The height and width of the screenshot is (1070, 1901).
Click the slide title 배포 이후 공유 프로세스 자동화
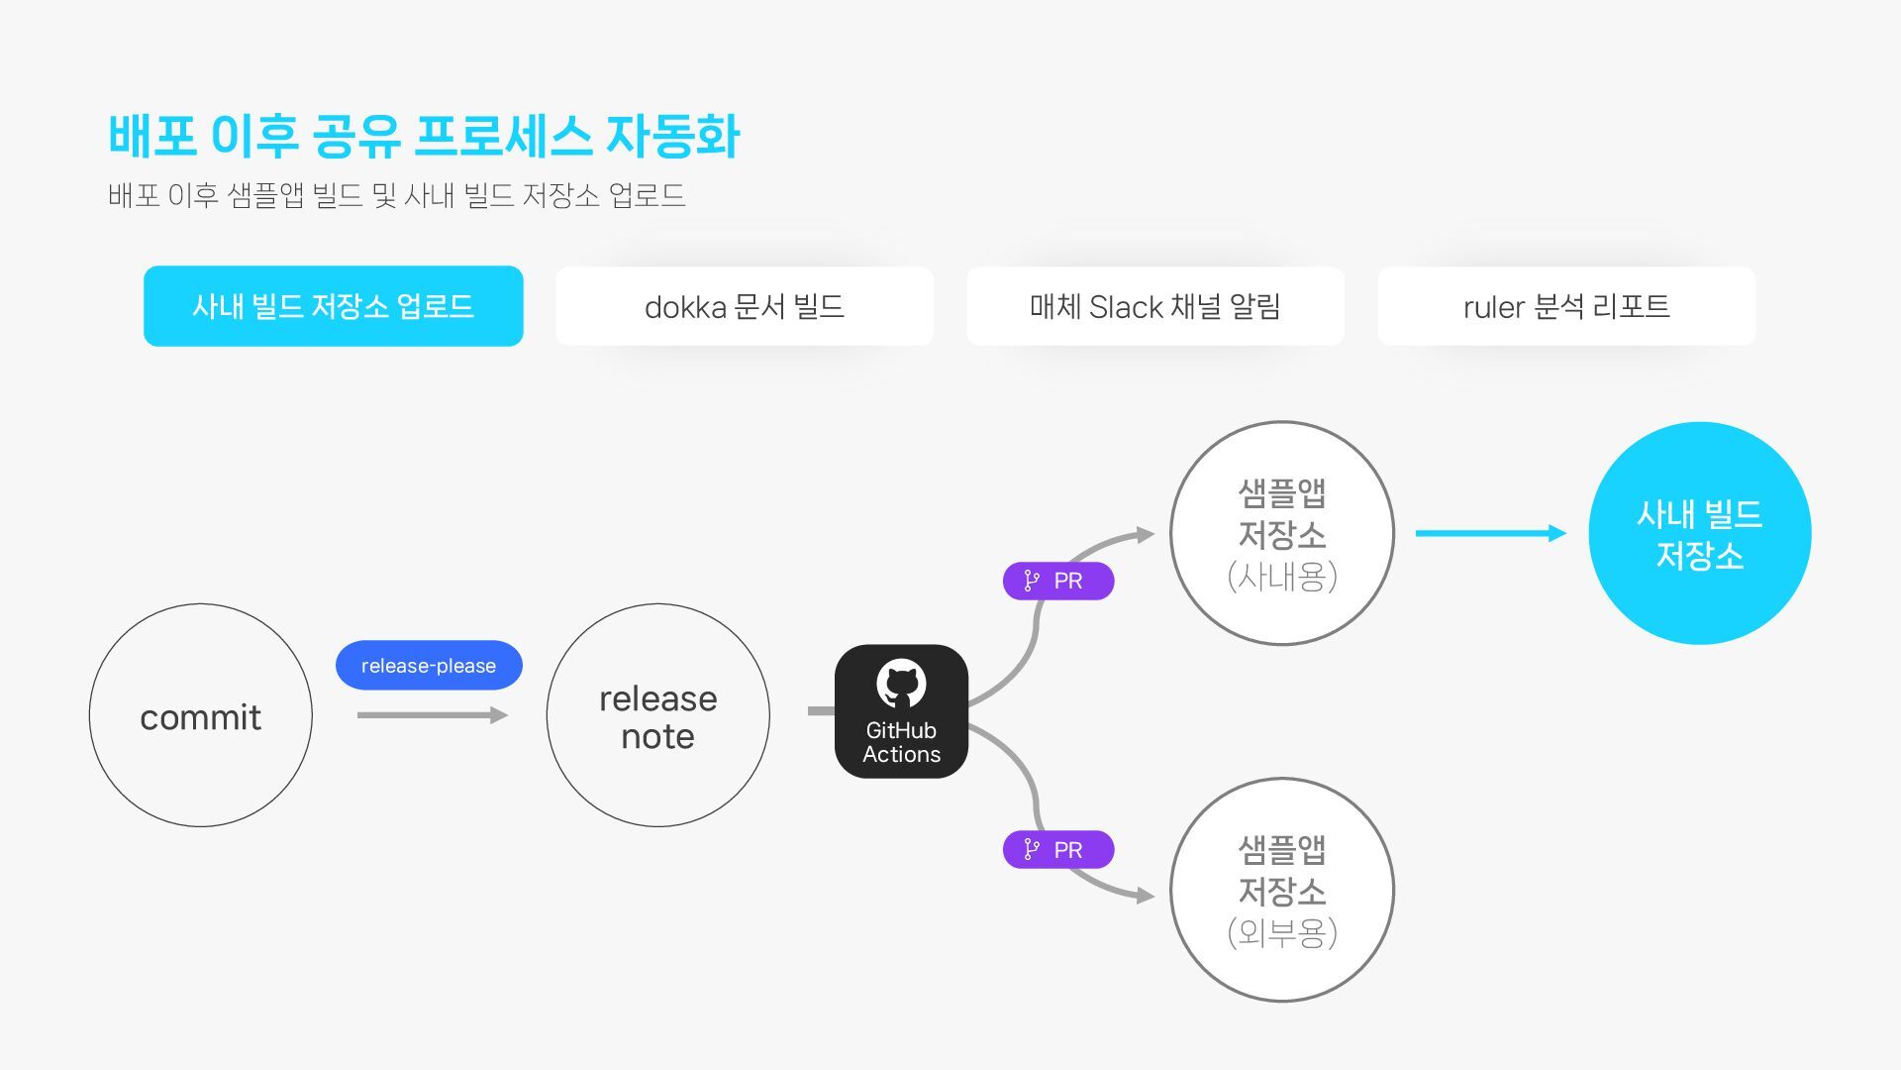click(x=424, y=136)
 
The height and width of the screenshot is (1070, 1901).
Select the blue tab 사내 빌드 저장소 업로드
click(x=333, y=306)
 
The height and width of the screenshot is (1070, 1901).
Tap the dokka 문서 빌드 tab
click(x=744, y=306)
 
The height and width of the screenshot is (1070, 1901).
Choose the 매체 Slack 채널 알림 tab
click(x=1154, y=306)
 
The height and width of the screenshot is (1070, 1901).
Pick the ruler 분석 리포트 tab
click(x=1565, y=306)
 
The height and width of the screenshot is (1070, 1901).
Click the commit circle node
click(x=200, y=715)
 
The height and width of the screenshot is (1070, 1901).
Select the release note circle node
click(x=657, y=715)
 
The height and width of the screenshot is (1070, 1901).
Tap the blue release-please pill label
click(x=429, y=665)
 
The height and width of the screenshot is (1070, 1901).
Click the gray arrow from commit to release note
click(x=432, y=714)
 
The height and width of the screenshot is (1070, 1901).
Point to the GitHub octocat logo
click(x=901, y=684)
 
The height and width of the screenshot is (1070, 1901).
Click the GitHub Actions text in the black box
click(x=901, y=742)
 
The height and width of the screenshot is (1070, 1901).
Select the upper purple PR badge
click(x=1057, y=581)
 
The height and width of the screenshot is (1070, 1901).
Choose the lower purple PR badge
click(x=1057, y=849)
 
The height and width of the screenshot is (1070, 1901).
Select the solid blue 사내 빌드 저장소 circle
click(x=1699, y=533)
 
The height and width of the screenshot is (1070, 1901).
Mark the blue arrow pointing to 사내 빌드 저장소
click(x=1490, y=533)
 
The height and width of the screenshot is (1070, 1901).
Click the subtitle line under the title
click(x=396, y=195)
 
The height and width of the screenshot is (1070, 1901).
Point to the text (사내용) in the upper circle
click(x=1281, y=576)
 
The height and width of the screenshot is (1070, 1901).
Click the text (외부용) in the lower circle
click(x=1281, y=932)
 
